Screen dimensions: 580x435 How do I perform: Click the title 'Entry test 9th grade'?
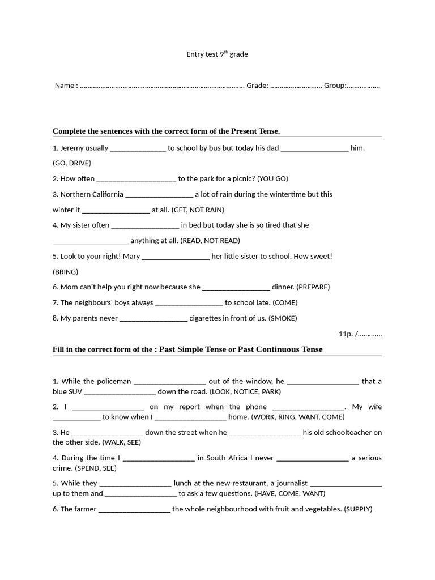point(217,54)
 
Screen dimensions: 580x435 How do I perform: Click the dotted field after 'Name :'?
point(162,86)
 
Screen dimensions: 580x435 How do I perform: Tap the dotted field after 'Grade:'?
point(296,86)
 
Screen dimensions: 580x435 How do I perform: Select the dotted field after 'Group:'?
point(363,86)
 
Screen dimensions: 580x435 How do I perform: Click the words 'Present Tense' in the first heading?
point(255,131)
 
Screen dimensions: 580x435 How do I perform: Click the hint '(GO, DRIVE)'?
point(72,163)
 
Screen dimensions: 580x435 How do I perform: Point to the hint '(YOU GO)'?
point(272,179)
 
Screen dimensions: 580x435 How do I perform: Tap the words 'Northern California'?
point(88,194)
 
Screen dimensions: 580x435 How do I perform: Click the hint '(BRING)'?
point(66,272)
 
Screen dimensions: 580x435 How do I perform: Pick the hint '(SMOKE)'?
point(283,318)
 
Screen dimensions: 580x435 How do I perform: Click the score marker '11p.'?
point(346,334)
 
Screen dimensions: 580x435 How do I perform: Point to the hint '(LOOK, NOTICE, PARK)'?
point(245,392)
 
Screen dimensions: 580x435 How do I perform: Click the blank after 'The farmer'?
point(134,510)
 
